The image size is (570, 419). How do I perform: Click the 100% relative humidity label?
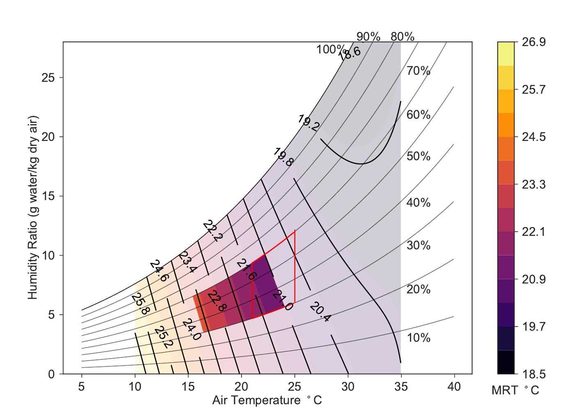(329, 50)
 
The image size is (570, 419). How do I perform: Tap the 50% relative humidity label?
(418, 157)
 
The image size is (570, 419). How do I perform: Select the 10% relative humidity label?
(418, 338)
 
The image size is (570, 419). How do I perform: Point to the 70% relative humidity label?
(418, 71)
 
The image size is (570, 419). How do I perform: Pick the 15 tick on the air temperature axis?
(188, 387)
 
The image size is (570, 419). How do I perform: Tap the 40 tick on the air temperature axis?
(454, 387)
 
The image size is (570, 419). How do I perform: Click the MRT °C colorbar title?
(515, 391)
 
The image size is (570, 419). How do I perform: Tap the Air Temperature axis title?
(267, 400)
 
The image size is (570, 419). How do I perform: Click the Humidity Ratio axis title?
(33, 207)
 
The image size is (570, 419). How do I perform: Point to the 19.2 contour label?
(308, 123)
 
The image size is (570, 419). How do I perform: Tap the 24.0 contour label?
(192, 329)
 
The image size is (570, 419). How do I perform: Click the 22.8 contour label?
(216, 301)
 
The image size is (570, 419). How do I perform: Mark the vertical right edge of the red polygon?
(295, 267)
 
